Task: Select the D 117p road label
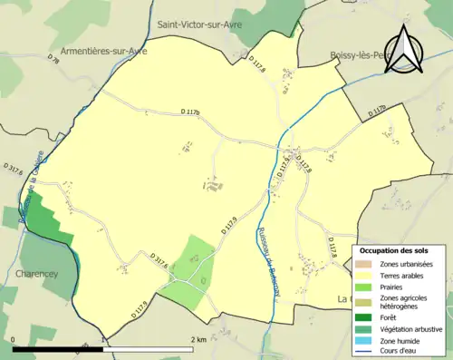pos(377,113)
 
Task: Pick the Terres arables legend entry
pos(402,275)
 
